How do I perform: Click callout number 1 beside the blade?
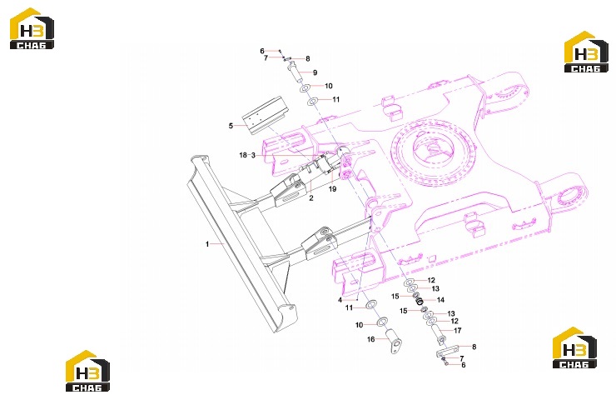(x=207, y=244)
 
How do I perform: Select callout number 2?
(x=311, y=198)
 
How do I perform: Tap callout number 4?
(x=340, y=300)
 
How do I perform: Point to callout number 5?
(x=231, y=126)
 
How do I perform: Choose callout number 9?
(x=315, y=72)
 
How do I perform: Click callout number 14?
(x=441, y=300)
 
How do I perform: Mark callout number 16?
(x=371, y=339)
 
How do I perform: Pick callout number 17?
(x=458, y=331)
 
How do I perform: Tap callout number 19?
(x=332, y=189)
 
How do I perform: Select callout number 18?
(x=243, y=155)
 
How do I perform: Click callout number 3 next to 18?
(x=253, y=155)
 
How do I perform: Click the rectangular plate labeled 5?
(x=265, y=115)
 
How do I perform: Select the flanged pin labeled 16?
(x=394, y=342)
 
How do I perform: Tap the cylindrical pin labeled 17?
(x=438, y=333)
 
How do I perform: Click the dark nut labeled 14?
(x=420, y=302)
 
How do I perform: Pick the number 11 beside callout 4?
(x=350, y=307)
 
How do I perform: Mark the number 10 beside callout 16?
(x=359, y=325)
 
